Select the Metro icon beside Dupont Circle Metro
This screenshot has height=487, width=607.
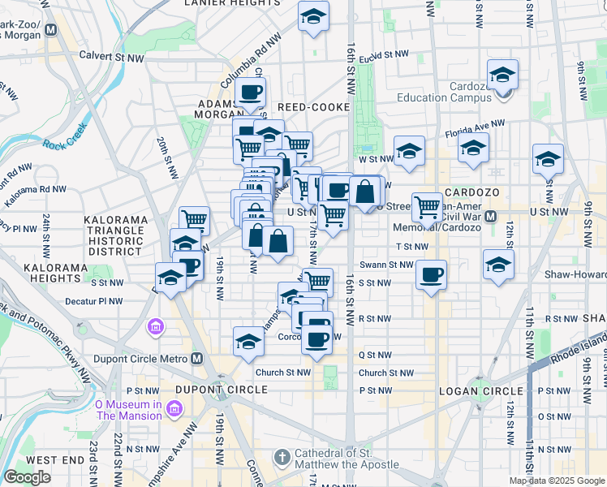point(197,358)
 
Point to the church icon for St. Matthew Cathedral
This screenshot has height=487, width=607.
point(282,458)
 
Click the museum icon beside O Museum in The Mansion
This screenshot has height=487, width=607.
point(174,410)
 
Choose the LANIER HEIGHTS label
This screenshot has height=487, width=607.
point(232,3)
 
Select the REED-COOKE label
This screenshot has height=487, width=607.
point(313,107)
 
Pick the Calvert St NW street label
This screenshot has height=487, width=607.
point(111,57)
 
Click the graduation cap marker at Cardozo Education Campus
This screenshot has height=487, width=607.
point(503,76)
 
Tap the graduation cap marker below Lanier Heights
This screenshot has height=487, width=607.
point(312,16)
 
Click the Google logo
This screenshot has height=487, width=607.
point(27,477)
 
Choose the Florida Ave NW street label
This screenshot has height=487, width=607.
point(476,128)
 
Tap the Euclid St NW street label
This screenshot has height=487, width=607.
point(385,55)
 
